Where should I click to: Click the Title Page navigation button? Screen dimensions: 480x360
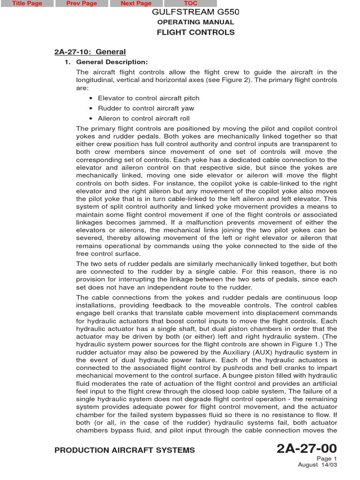[x=27, y=3]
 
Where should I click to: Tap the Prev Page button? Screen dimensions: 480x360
[x=82, y=3]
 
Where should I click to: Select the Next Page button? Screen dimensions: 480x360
[x=136, y=3]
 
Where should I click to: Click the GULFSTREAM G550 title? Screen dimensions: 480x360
[x=195, y=12]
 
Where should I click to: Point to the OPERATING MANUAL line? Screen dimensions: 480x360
[x=195, y=22]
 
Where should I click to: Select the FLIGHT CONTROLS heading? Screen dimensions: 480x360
[x=195, y=32]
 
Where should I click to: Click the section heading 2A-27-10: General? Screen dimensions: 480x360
[x=90, y=52]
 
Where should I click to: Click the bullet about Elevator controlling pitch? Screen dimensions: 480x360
[x=148, y=98]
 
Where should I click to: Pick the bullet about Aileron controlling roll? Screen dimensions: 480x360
[x=143, y=119]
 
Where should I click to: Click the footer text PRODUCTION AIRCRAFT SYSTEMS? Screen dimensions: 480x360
[x=125, y=450]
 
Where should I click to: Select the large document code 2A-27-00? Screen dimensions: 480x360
[x=307, y=449]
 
